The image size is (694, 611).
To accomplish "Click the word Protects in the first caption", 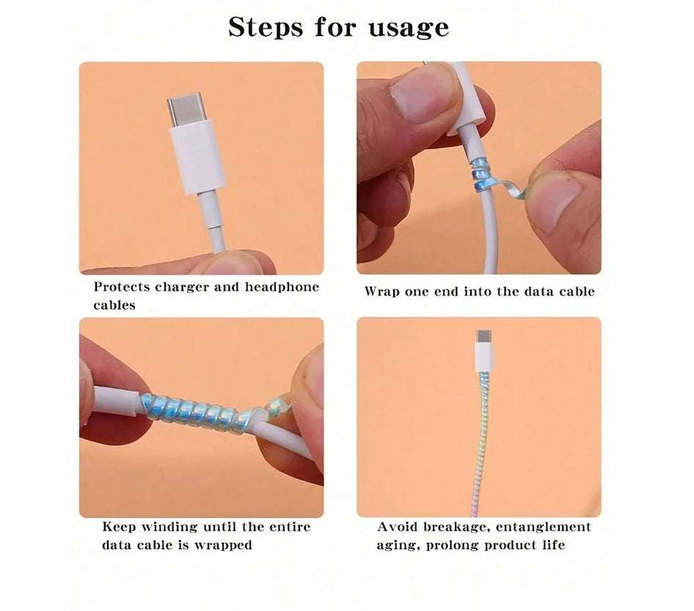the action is (122, 287).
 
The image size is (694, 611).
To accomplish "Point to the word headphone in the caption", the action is (282, 287).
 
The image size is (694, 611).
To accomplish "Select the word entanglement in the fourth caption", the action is (543, 527).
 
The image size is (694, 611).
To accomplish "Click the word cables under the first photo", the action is (114, 305).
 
